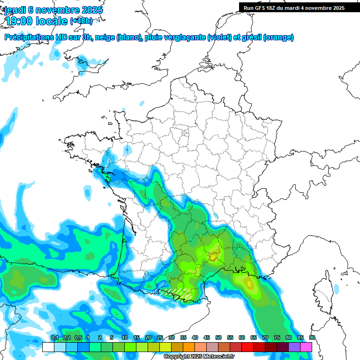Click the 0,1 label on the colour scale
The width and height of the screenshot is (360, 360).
pyautogui.click(x=55, y=338)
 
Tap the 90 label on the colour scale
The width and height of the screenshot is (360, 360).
pyautogui.click(x=312, y=338)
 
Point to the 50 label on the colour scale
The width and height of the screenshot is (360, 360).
pyautogui.click(x=218, y=338)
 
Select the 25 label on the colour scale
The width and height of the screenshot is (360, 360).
pyautogui.click(x=160, y=338)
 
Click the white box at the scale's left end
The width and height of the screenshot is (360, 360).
pyautogui.click(x=48, y=347)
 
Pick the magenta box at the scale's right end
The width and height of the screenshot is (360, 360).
pyautogui.click(x=306, y=347)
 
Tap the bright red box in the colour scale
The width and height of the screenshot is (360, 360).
pyautogui.click(x=247, y=347)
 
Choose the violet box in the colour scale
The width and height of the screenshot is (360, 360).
pyautogui.click(x=294, y=347)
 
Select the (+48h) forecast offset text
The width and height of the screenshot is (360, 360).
pyautogui.click(x=81, y=21)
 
